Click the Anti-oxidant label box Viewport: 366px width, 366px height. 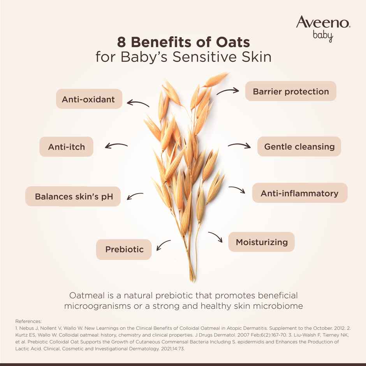89,99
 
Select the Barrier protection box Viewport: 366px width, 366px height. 290,91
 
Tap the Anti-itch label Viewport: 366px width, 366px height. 66,147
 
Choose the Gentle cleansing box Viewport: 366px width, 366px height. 299,147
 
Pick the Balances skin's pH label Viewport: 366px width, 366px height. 74,196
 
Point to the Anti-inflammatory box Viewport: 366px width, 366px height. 299,193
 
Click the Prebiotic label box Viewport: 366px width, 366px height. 124,249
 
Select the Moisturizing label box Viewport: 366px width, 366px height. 261,242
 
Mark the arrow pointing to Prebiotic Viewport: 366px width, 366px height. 163,245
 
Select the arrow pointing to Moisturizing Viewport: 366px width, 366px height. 215,237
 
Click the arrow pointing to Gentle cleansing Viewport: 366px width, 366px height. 239,146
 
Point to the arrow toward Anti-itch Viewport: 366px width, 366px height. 116,146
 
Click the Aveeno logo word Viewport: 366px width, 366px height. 323,22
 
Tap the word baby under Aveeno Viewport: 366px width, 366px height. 323,36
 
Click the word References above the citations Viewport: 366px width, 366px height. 28,321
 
